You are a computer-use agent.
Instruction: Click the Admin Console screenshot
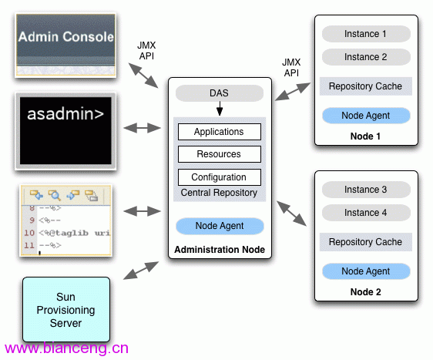point(65,45)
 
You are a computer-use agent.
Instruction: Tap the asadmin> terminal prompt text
point(65,114)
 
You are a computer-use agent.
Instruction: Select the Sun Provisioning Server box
point(66,309)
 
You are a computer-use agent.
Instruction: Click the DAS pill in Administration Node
point(220,93)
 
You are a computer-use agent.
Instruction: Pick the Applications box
point(220,132)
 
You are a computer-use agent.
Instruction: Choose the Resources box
point(220,154)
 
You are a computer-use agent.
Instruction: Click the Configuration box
point(220,177)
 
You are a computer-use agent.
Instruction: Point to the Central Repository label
point(219,193)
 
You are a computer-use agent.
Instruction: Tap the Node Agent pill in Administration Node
point(220,226)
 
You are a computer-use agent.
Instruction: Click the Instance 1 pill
point(366,34)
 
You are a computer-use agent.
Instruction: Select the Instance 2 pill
point(366,57)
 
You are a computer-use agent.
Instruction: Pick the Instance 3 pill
point(366,190)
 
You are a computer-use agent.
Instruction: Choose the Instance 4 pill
point(366,213)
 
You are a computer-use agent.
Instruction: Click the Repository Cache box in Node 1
point(366,86)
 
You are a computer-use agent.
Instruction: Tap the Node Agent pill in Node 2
point(366,271)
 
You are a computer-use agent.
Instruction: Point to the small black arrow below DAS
point(220,108)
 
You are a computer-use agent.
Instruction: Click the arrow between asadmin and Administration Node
point(142,128)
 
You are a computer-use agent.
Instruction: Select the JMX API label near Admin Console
point(146,51)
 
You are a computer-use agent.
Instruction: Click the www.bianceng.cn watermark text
point(66,348)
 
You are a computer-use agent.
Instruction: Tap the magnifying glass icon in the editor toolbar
point(55,195)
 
